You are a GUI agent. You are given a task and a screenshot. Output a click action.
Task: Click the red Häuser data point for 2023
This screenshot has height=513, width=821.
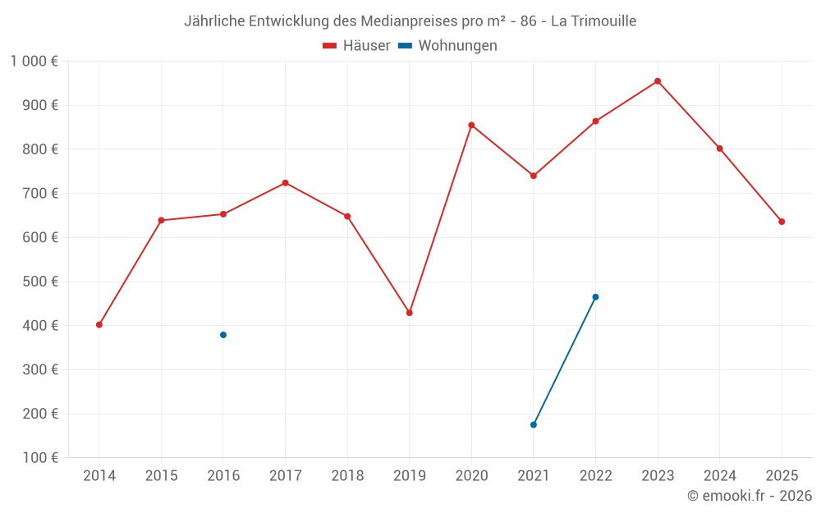(658, 81)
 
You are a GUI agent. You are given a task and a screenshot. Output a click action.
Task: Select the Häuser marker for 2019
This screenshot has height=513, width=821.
(409, 313)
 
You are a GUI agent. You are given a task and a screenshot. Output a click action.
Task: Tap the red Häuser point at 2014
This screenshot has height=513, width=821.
(99, 324)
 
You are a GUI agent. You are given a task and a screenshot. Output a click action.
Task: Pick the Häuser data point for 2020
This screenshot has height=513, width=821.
(471, 125)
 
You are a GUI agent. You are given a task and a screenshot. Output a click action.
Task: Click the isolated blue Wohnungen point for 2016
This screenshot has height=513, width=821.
(223, 335)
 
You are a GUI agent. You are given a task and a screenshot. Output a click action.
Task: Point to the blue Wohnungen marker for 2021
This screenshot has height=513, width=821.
(534, 424)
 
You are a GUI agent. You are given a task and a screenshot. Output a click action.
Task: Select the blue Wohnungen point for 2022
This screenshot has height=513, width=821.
(595, 297)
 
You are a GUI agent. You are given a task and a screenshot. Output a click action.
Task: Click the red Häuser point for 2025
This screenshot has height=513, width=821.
(782, 222)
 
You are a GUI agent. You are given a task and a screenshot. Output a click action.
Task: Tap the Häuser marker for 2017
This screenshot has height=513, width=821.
(285, 182)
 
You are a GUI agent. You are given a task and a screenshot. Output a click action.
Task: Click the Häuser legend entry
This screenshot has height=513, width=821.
(356, 46)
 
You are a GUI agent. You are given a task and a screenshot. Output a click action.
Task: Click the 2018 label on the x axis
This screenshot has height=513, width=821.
(347, 475)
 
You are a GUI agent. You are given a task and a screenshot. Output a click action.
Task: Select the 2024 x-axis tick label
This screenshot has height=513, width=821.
(719, 475)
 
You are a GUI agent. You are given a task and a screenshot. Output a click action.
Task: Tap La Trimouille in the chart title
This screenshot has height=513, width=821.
(594, 21)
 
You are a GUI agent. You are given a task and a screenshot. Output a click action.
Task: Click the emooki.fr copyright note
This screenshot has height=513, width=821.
(750, 496)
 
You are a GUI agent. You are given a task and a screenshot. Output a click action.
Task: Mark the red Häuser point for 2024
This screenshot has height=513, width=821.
(719, 149)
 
